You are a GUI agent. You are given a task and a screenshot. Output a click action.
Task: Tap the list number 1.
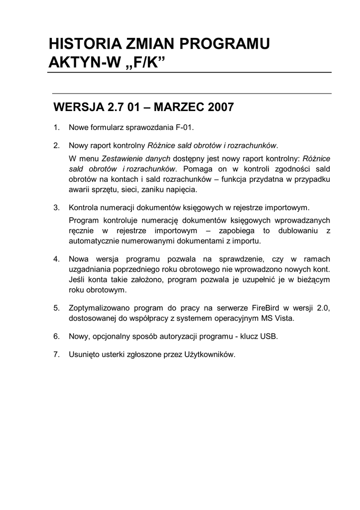point(57,127)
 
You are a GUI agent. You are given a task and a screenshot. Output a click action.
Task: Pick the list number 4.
point(57,259)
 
